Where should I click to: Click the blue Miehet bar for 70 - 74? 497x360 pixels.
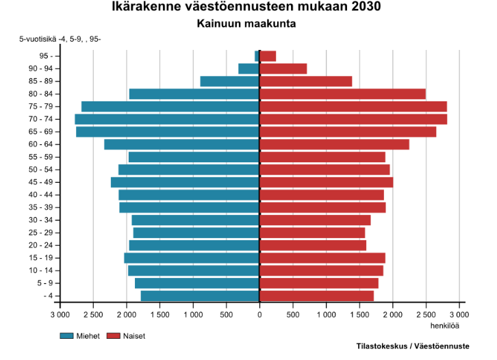click(167, 119)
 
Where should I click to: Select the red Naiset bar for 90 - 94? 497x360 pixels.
click(283, 68)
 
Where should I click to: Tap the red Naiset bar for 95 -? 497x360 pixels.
click(268, 56)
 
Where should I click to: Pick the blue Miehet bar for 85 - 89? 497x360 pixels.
click(229, 81)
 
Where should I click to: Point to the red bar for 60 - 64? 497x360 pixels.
click(334, 144)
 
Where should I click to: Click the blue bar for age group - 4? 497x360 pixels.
click(200, 296)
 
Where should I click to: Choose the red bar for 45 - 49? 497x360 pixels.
click(326, 182)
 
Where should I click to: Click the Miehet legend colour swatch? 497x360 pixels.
click(66, 336)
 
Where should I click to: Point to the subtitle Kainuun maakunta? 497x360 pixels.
click(249, 24)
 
